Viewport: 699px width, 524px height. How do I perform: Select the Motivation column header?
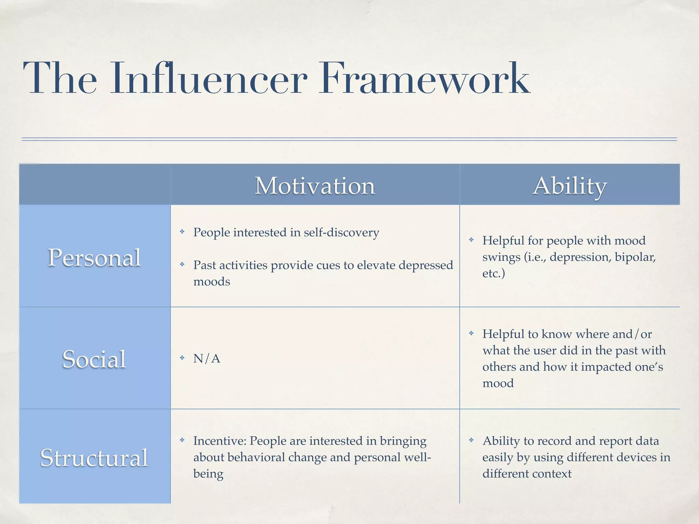click(315, 186)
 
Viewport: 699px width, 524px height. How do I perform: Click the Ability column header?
click(570, 186)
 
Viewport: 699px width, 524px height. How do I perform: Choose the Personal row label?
click(94, 258)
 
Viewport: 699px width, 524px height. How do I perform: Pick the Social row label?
click(94, 359)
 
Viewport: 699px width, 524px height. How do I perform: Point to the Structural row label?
click(94, 457)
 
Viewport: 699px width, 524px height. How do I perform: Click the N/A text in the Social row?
click(207, 359)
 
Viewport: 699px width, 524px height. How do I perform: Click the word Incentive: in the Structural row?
click(220, 441)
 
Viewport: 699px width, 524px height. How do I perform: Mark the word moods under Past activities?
click(212, 282)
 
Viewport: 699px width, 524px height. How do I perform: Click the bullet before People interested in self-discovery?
click(182, 232)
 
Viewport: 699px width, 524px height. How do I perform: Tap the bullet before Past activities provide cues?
click(182, 264)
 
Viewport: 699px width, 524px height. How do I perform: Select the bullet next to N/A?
click(182, 358)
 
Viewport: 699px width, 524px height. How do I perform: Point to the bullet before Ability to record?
click(471, 440)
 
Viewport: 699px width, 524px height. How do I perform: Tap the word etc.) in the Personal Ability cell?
click(494, 274)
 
